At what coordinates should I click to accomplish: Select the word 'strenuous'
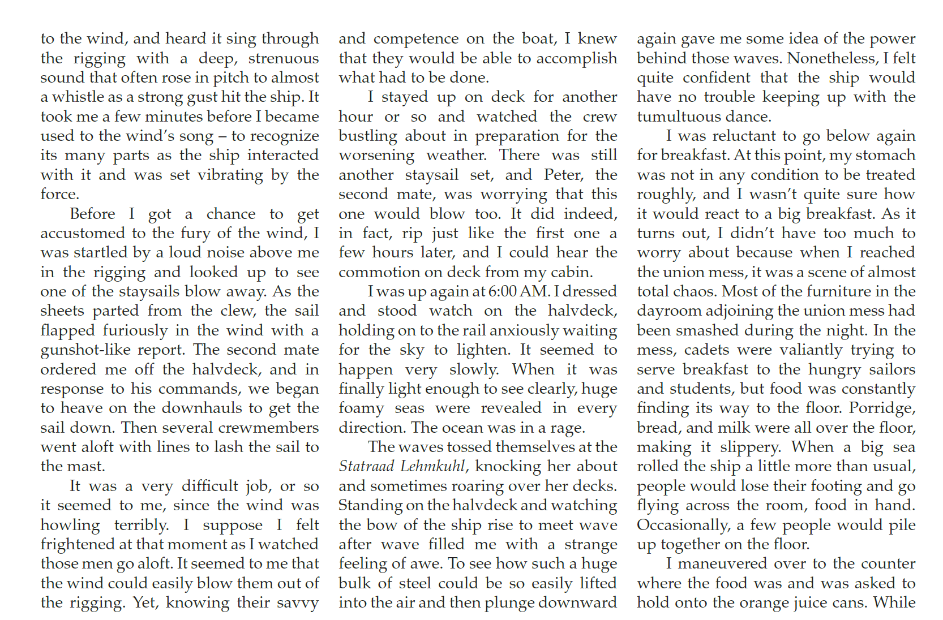point(284,58)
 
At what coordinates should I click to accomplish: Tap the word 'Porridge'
point(882,408)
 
